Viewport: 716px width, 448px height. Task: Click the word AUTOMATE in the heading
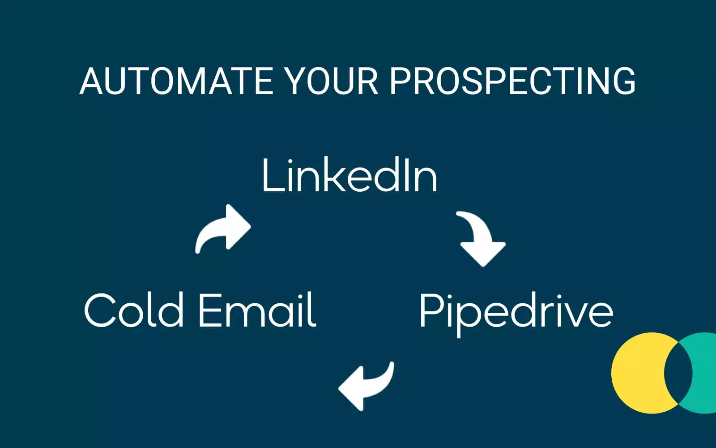click(176, 81)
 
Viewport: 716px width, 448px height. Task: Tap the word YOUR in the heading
click(332, 81)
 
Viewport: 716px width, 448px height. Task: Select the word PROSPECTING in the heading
click(513, 81)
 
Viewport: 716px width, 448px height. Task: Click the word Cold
click(134, 310)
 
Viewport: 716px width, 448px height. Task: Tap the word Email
click(257, 310)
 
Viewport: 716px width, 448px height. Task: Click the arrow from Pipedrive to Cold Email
click(367, 385)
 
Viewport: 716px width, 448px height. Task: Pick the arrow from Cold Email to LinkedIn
click(222, 228)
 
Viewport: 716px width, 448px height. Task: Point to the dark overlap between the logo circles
click(678, 373)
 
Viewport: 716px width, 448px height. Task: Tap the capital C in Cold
click(100, 310)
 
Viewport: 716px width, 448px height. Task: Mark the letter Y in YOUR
click(297, 81)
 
